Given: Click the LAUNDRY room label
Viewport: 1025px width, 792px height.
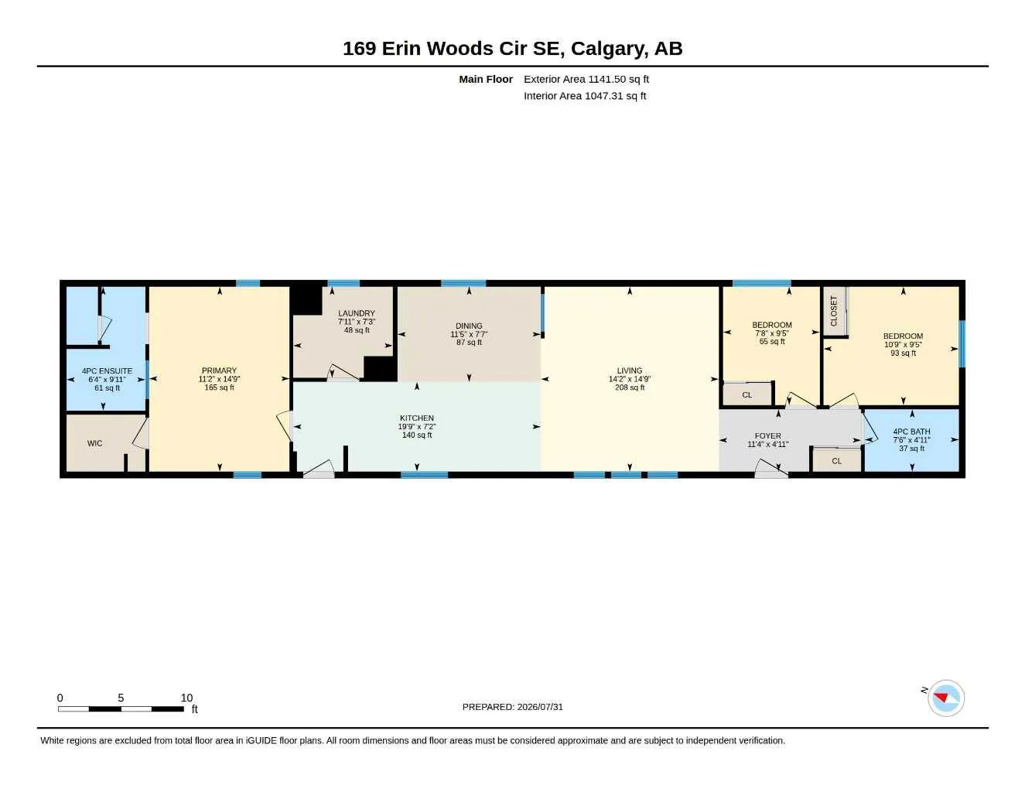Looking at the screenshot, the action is [356, 313].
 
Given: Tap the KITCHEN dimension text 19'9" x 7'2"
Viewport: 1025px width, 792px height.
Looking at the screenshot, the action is [416, 427].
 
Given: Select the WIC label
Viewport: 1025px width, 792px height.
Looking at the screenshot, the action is [95, 443].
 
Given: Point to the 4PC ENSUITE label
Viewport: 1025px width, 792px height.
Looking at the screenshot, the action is [107, 371].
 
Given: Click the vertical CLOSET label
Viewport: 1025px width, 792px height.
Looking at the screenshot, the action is [833, 311].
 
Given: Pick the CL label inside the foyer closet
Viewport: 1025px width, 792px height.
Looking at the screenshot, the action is [837, 461].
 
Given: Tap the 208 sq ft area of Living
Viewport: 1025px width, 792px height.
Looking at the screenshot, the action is [629, 387].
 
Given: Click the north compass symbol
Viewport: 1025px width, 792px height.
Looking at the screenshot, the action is [945, 698].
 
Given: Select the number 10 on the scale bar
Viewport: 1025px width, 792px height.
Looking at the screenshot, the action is [186, 698].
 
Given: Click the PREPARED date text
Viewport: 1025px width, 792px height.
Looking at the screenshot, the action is [512, 707].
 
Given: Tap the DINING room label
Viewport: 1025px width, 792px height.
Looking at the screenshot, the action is [469, 326].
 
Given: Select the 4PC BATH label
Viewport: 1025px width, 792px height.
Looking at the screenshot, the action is [911, 432].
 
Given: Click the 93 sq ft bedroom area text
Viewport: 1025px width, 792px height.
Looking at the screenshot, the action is [903, 353].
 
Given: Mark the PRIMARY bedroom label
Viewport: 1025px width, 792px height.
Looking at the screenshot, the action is [219, 370].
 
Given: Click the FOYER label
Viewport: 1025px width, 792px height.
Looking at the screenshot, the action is [768, 435].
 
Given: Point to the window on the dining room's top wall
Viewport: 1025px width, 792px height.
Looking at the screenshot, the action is [463, 283].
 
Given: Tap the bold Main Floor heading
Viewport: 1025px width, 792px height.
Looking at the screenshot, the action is [485, 79].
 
